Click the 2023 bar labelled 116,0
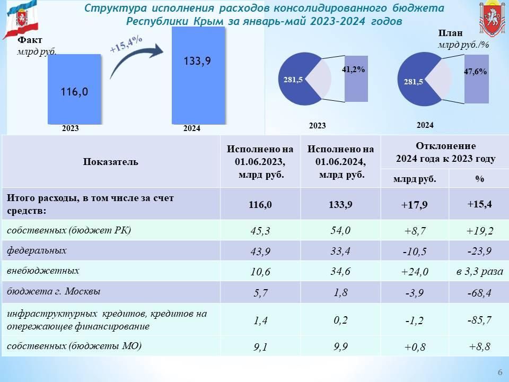(74, 89)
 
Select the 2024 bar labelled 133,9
(198, 75)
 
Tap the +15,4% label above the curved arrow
(126, 44)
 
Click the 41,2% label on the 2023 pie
(353, 69)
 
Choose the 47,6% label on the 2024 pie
(475, 72)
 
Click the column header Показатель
(111, 161)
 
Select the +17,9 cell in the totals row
(414, 205)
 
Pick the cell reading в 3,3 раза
(479, 271)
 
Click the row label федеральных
(37, 250)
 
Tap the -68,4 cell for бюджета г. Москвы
(479, 293)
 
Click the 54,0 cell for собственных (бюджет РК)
(340, 231)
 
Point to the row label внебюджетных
(43, 271)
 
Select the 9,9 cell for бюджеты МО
(340, 346)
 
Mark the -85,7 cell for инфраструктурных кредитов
(479, 320)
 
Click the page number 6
(500, 372)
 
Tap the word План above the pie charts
(450, 33)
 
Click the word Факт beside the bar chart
(30, 40)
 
